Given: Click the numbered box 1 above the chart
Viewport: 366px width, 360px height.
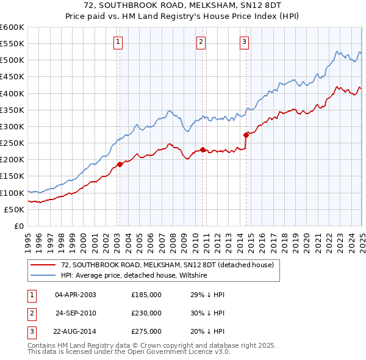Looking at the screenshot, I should click(x=118, y=42).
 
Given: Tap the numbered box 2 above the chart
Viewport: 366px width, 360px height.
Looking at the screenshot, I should click(x=201, y=42).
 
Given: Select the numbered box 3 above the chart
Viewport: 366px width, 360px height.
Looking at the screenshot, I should click(x=244, y=42).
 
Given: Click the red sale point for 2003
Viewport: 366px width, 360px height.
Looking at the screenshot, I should click(x=120, y=164).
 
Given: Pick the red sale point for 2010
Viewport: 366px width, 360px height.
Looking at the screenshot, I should click(x=203, y=149).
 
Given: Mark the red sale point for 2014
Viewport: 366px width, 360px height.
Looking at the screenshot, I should click(x=246, y=134).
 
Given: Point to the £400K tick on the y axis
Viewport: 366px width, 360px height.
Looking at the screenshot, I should click(x=13, y=93).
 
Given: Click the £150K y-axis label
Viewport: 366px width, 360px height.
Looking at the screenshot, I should click(x=13, y=176).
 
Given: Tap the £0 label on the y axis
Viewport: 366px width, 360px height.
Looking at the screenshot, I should click(x=18, y=226).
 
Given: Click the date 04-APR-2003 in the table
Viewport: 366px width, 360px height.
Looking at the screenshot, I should click(x=76, y=295).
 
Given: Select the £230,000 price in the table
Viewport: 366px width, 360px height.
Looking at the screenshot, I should click(x=146, y=313).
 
